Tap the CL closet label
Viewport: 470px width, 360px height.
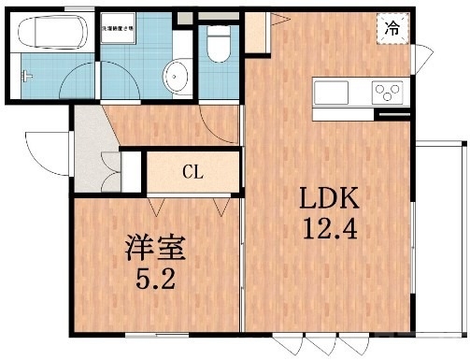coord(192,172)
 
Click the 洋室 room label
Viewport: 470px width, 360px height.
coord(155,249)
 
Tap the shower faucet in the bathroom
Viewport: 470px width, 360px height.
coord(28,73)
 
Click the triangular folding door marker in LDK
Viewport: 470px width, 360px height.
coord(278,19)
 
